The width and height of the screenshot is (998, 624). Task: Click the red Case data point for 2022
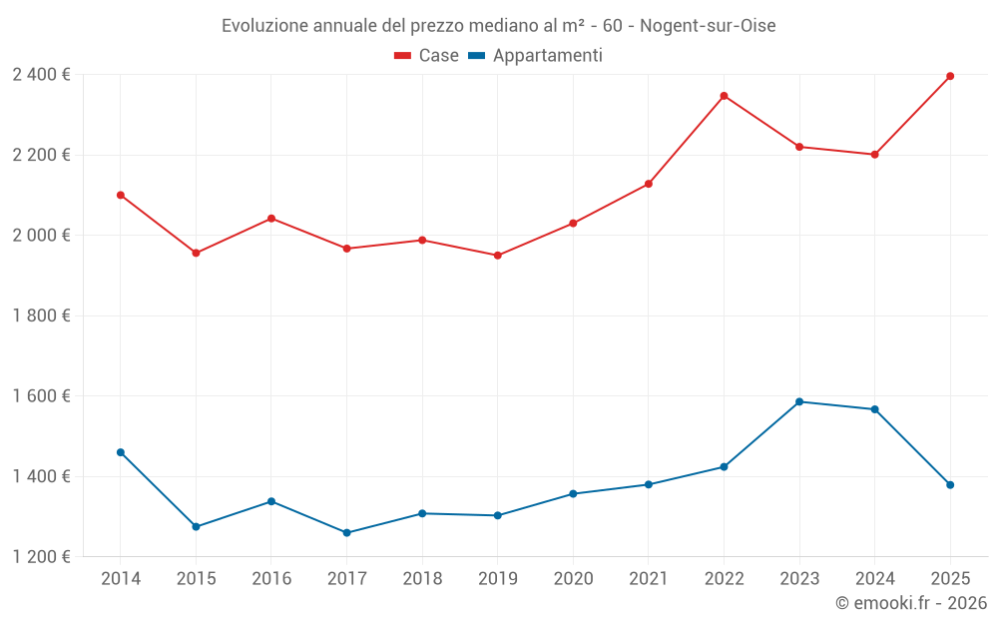coord(724,96)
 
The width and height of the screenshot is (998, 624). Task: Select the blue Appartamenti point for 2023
coord(799,401)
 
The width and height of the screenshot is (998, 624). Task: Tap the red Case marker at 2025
coord(950,76)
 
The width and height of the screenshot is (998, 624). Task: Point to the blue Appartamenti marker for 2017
coord(346,533)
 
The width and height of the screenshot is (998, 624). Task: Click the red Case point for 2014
coord(121,195)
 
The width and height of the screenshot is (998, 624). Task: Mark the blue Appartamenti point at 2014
coord(121,452)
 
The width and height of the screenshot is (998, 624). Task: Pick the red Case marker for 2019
coord(497,256)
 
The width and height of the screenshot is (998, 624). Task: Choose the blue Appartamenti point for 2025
coord(950,485)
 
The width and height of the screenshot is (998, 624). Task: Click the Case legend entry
coord(427,56)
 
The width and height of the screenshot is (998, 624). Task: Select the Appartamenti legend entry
coord(537,56)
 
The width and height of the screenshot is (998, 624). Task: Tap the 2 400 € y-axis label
coord(41,75)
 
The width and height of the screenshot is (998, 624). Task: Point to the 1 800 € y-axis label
coord(41,315)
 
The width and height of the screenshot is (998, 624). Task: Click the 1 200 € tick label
coord(41,557)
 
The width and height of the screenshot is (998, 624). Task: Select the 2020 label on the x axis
coord(573,579)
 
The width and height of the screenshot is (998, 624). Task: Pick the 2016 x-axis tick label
coord(271,579)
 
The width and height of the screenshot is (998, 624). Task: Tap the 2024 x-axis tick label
coord(874,579)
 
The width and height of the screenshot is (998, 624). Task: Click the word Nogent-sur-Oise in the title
coord(708,25)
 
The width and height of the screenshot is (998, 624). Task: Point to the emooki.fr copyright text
coord(911,603)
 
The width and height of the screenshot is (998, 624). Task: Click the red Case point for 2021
coord(649,184)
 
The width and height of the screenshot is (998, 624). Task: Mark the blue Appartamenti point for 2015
coord(196,526)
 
